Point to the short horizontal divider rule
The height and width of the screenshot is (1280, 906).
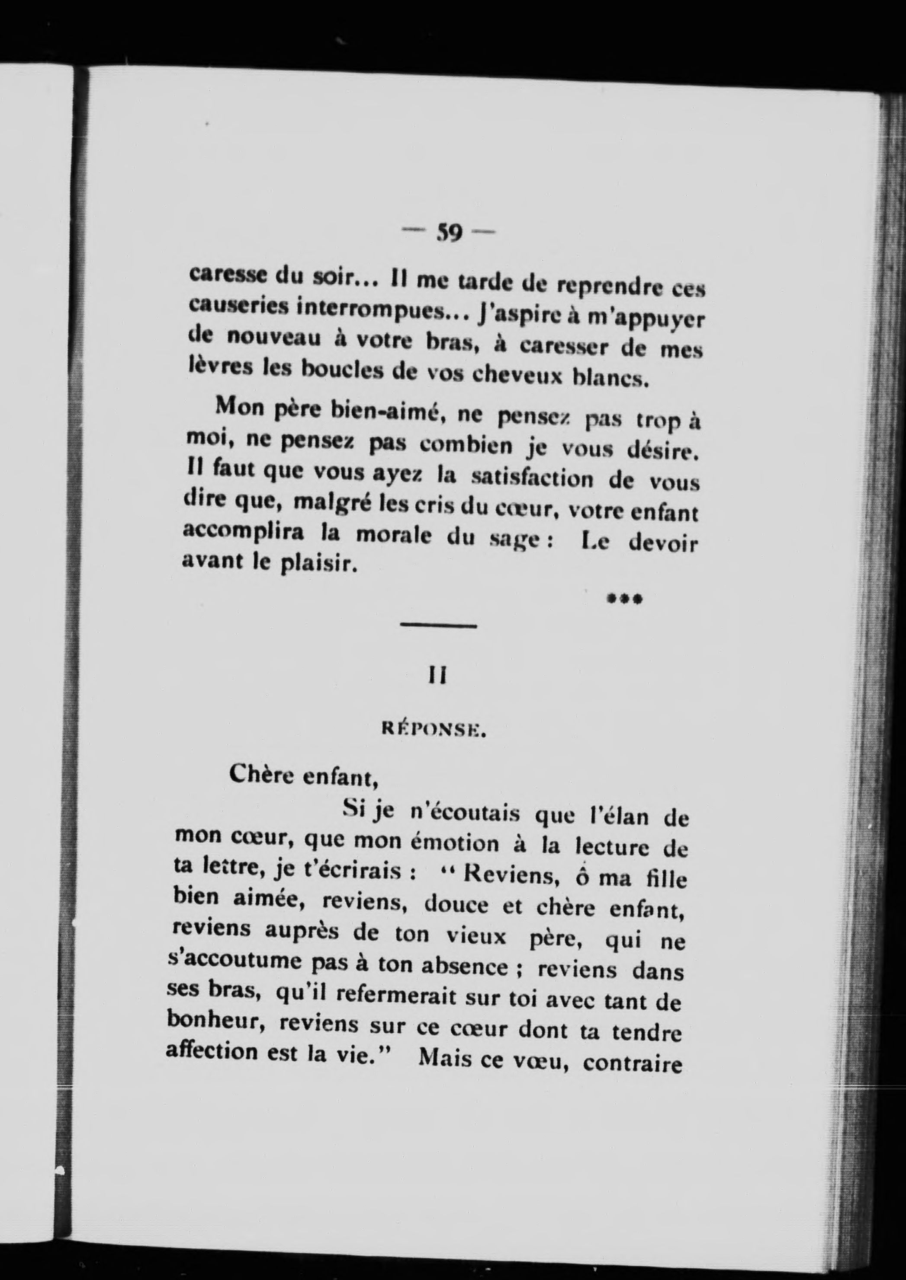438,627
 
